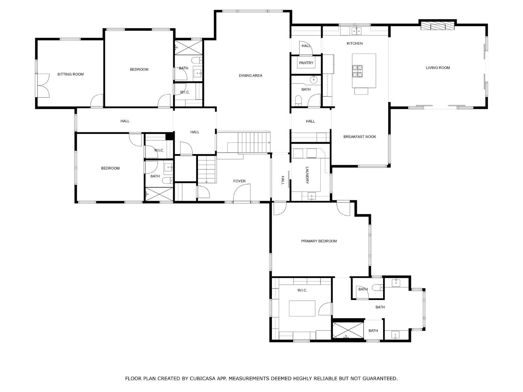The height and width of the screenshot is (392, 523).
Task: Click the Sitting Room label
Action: (70, 74)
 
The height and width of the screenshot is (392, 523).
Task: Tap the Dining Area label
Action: (250, 76)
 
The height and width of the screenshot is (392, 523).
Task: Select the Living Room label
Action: (438, 68)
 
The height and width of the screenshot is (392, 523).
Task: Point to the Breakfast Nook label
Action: (359, 137)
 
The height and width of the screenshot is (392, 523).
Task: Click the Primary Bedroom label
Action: (319, 241)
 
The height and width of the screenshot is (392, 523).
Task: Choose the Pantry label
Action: (306, 63)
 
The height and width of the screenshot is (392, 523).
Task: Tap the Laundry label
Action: (307, 175)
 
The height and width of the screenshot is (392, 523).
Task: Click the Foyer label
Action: (239, 181)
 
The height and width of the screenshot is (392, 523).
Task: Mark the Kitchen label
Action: (354, 44)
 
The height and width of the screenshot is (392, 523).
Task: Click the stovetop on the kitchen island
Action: (357, 71)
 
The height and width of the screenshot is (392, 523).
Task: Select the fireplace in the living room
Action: (438, 26)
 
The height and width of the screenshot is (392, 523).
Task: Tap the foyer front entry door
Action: (242, 194)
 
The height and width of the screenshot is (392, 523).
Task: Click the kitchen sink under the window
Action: (356, 31)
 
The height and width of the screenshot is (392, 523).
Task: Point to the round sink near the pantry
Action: (314, 80)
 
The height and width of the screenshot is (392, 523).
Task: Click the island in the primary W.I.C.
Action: (302, 308)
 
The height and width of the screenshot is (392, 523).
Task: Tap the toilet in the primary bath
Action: (377, 288)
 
